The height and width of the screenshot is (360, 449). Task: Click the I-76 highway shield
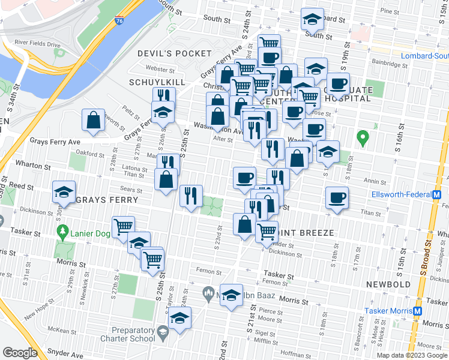click(119, 20)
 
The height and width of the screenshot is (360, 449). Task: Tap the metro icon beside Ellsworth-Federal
click(437, 194)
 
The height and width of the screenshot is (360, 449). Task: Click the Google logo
click(20, 353)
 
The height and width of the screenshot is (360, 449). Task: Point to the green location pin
click(362, 138)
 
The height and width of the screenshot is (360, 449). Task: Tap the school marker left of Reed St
click(64, 192)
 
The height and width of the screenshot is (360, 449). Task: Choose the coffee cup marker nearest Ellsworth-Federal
click(337, 199)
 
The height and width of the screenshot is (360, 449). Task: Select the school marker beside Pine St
click(312, 19)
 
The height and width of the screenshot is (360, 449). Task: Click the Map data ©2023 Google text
click(412, 355)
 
